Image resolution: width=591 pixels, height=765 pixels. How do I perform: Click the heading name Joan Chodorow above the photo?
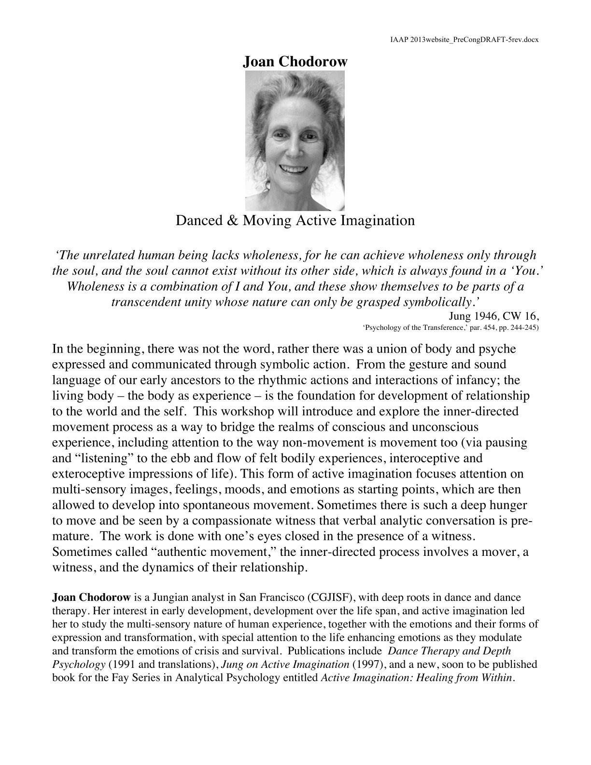click(295, 62)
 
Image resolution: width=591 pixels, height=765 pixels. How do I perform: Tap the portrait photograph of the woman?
click(295, 141)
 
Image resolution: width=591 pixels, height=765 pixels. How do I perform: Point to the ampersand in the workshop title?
click(231, 221)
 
